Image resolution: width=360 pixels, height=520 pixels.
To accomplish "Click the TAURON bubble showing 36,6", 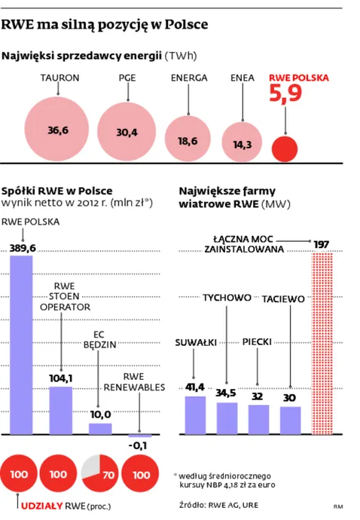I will point(59,130).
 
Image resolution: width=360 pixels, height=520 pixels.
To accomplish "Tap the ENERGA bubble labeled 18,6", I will point(188,139).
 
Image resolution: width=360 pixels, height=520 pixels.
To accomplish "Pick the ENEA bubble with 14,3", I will point(243,143).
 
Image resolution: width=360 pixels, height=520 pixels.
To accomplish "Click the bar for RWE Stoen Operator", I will point(61,410).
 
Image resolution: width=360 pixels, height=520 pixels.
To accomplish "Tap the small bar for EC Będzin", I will point(100,428).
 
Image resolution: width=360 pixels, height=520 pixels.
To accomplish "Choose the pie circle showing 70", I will point(100,475).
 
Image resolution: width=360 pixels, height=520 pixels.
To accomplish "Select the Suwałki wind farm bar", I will point(195,414).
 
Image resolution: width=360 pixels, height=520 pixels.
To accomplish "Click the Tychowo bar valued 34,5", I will point(227,418).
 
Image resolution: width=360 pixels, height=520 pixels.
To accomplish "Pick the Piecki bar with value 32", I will point(258,419).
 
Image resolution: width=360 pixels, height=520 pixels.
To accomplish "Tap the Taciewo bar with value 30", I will point(290,421).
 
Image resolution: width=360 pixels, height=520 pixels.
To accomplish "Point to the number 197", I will point(323,243).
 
